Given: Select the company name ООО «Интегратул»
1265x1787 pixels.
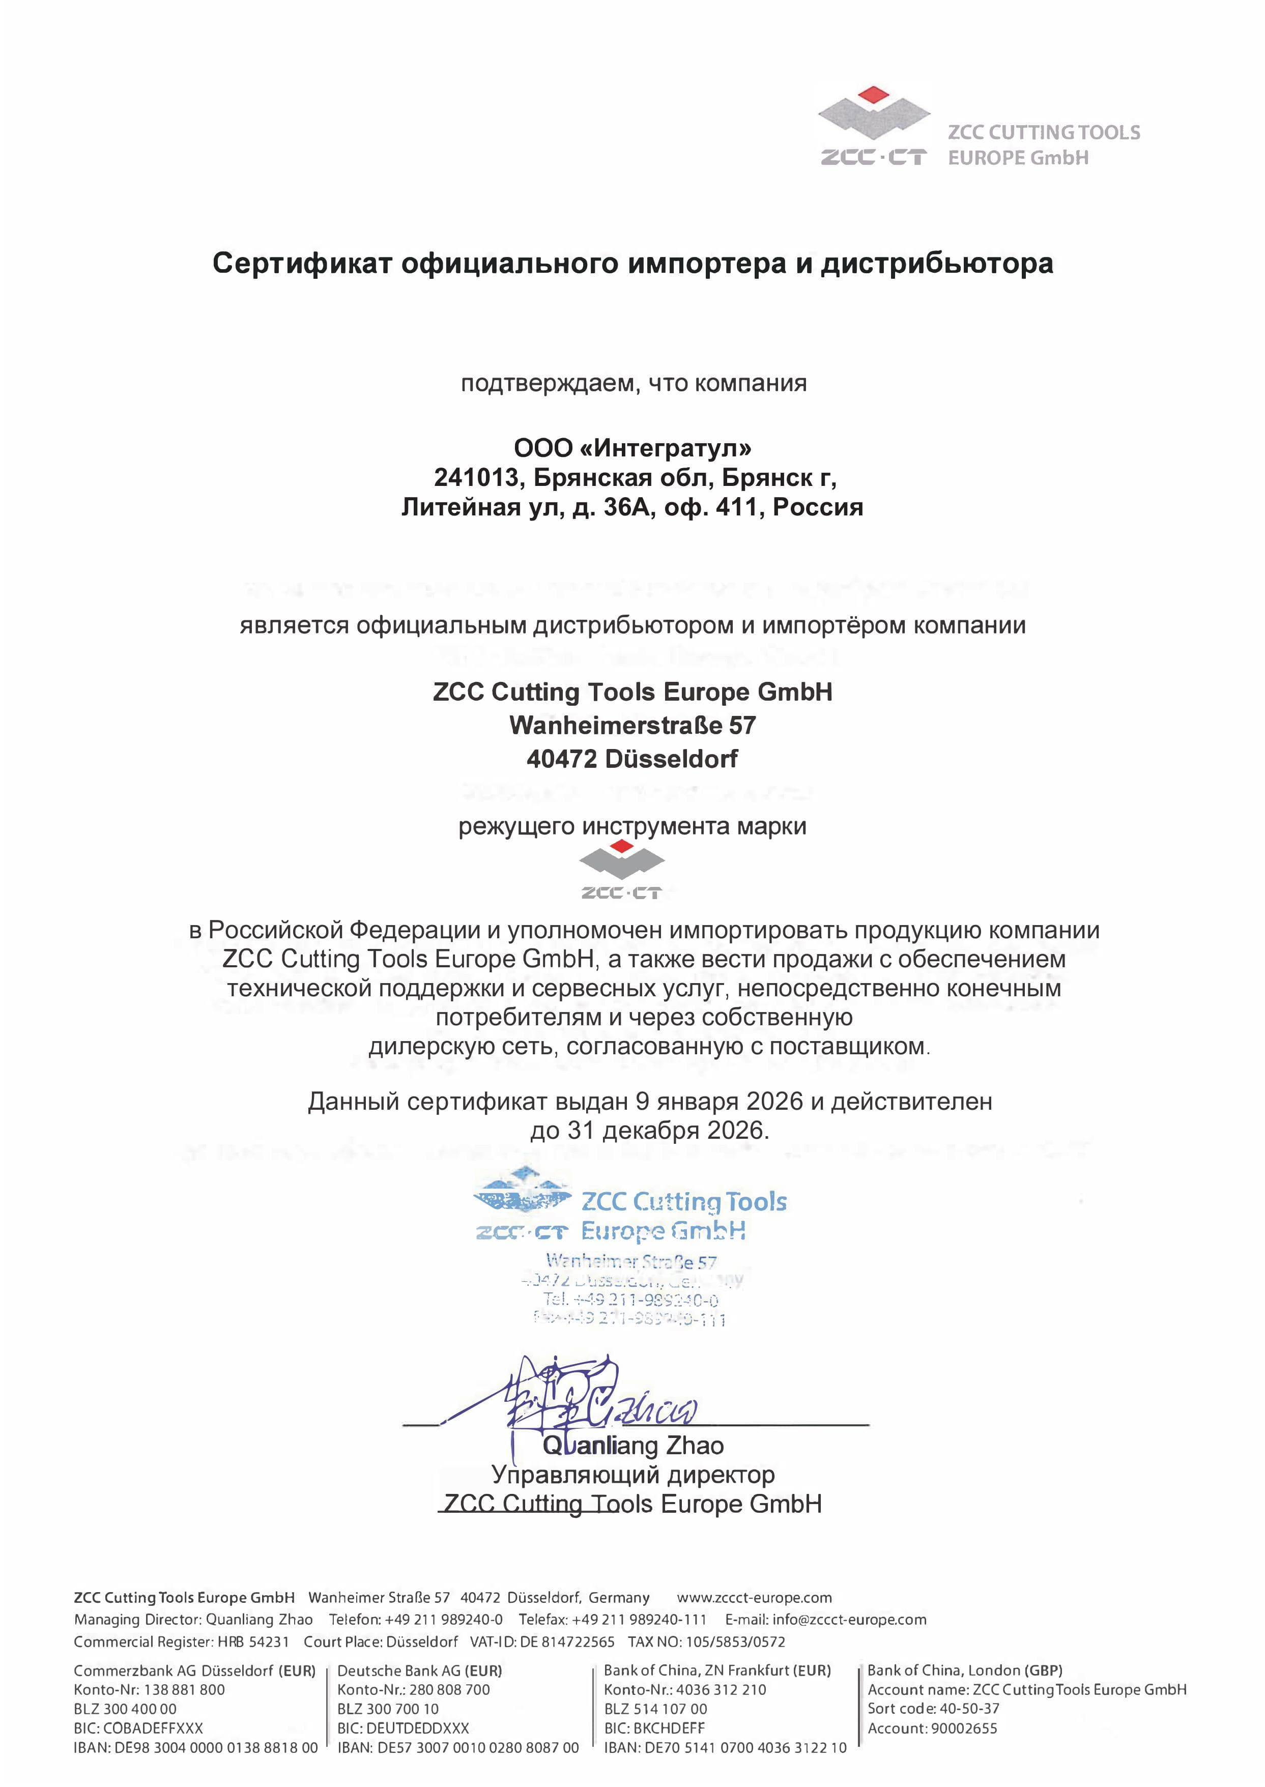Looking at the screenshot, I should click(632, 448).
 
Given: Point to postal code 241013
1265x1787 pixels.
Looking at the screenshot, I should click(475, 477).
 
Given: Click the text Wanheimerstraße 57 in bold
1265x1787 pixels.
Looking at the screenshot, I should click(632, 725).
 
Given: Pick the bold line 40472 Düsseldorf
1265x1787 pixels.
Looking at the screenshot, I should click(632, 758).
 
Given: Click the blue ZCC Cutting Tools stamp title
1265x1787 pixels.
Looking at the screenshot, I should click(684, 1202).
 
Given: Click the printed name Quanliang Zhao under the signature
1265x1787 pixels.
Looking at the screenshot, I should click(632, 1445).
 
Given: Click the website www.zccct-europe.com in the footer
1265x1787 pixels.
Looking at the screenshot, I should click(754, 1598).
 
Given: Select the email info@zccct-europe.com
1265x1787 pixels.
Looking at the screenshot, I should click(849, 1620).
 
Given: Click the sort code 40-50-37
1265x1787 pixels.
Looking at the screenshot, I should click(968, 1708).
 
